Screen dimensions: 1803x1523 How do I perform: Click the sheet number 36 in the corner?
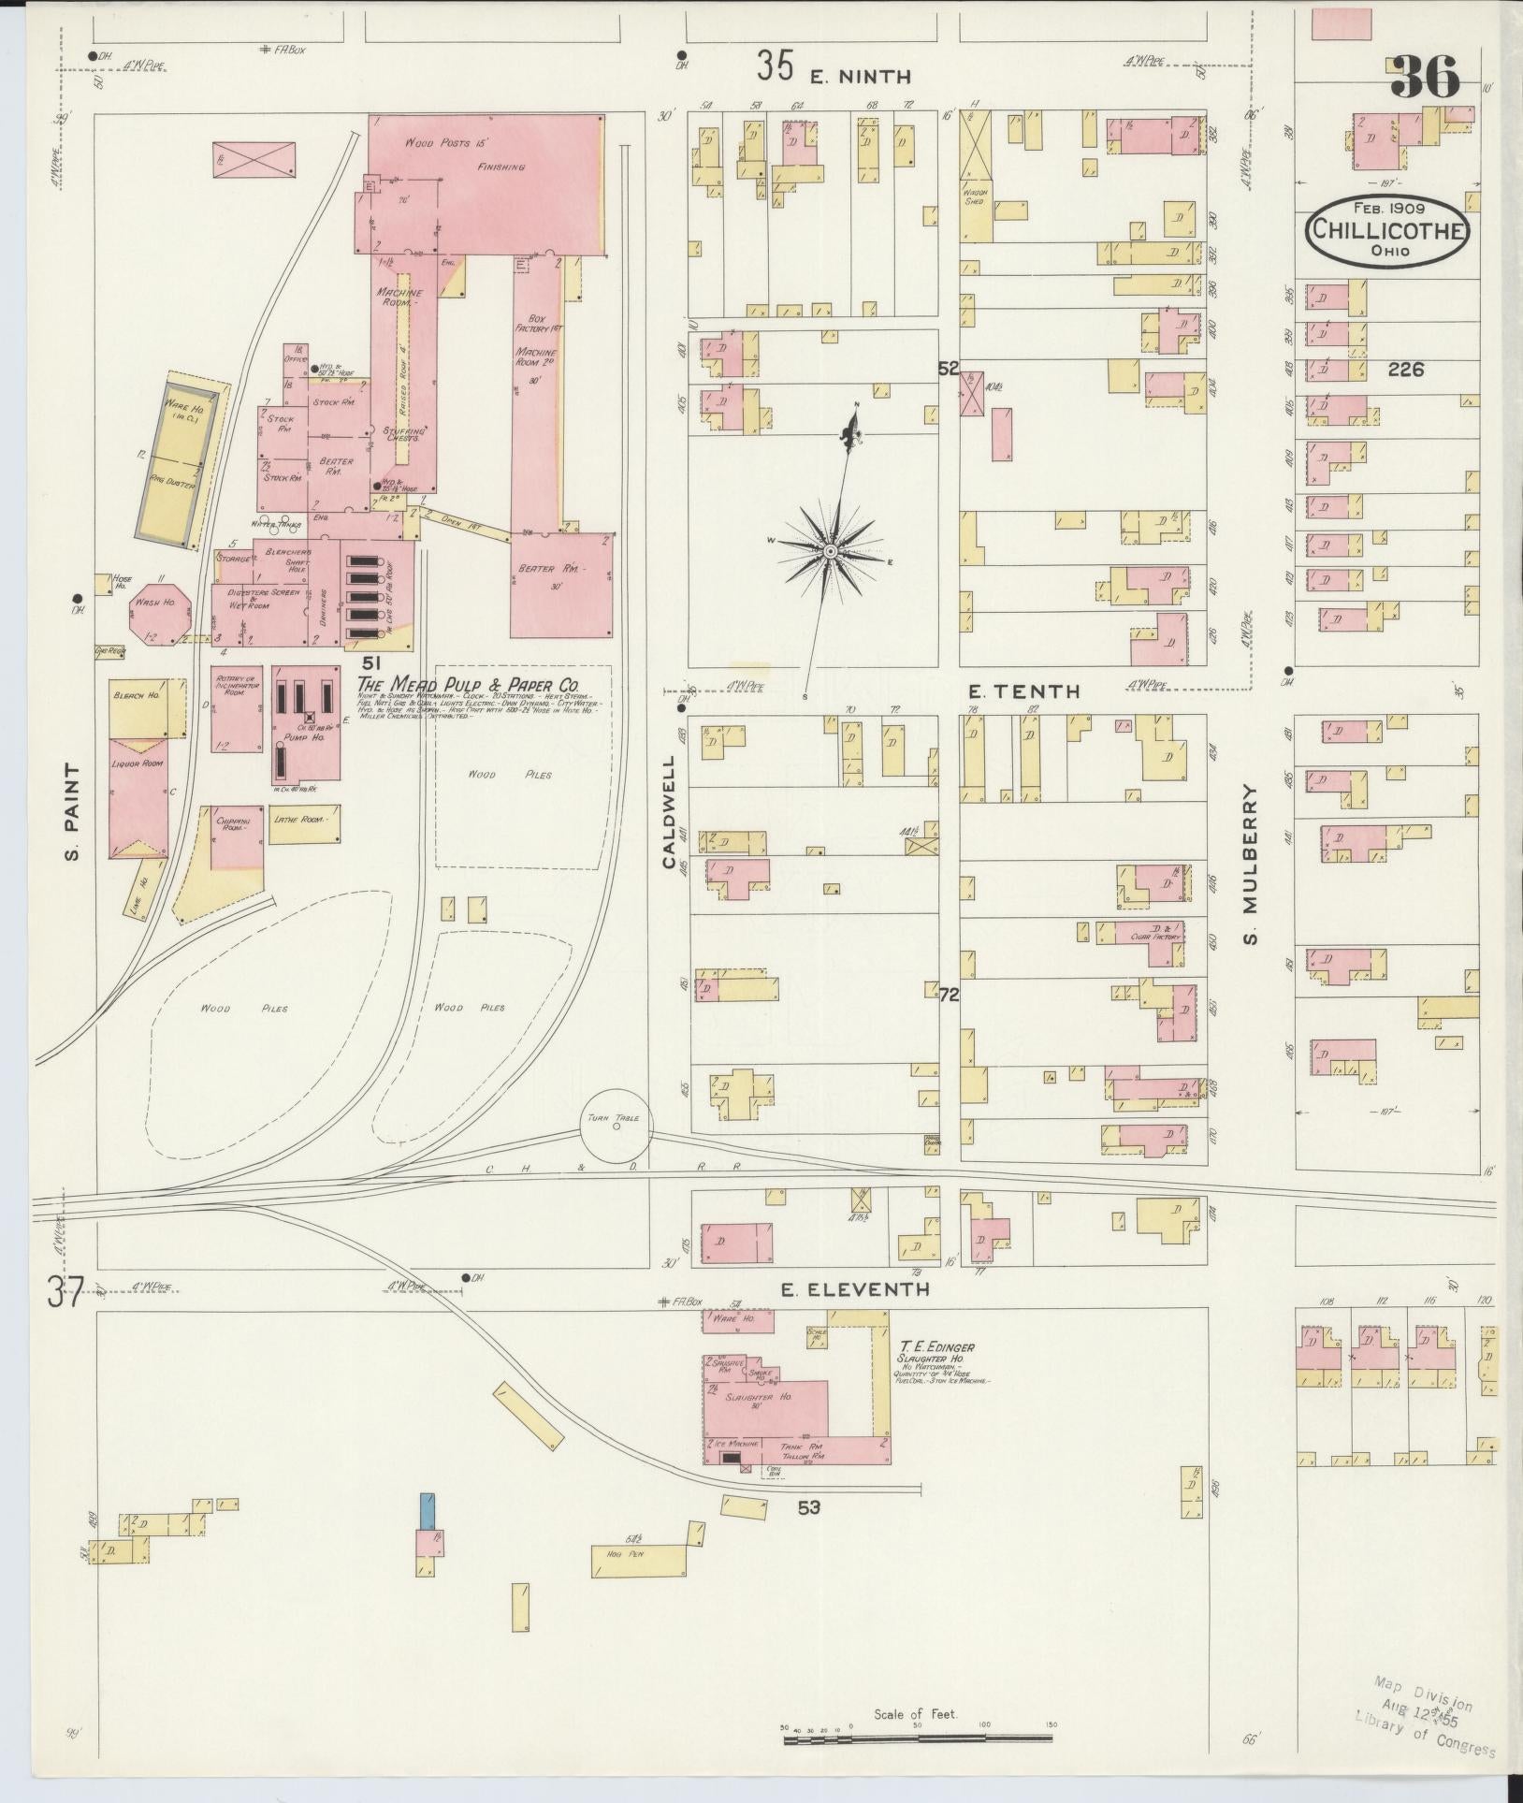(x=1424, y=77)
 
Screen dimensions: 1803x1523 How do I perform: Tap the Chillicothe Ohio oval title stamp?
(x=1387, y=230)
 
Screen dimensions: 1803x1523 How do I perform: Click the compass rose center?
(x=830, y=552)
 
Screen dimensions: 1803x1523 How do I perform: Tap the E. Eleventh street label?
(x=855, y=1289)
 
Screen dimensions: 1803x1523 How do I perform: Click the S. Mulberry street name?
(x=1252, y=864)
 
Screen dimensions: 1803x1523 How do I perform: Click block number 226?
(x=1405, y=370)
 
